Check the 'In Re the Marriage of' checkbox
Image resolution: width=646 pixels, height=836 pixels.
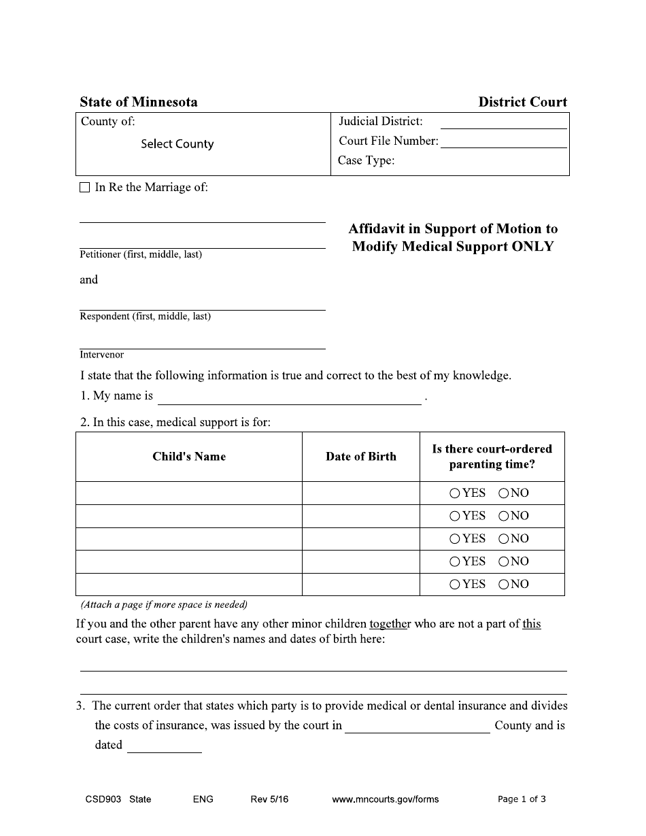pyautogui.click(x=85, y=188)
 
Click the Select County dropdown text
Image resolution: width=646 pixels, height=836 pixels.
pyautogui.click(x=177, y=144)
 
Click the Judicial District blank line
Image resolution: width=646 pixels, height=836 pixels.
pyautogui.click(x=503, y=123)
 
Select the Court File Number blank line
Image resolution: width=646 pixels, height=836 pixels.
pyautogui.click(x=503, y=142)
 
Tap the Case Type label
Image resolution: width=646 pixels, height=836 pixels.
pyautogui.click(x=366, y=161)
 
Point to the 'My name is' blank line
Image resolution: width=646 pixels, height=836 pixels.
pyautogui.click(x=289, y=398)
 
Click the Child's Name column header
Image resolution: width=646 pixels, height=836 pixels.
pyautogui.click(x=189, y=457)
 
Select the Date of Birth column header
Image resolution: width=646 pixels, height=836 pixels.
pyautogui.click(x=360, y=457)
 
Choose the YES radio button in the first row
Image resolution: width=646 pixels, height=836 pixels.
pyautogui.click(x=455, y=493)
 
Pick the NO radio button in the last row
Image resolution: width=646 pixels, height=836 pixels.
pyautogui.click(x=504, y=585)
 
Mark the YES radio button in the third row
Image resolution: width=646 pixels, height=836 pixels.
pyautogui.click(x=455, y=539)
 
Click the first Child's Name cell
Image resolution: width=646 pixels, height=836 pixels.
pyautogui.click(x=189, y=493)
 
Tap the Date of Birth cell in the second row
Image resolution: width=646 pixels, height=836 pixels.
pyautogui.click(x=360, y=516)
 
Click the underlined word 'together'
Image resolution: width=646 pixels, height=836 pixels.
pyautogui.click(x=390, y=624)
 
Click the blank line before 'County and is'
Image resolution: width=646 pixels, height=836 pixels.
pyautogui.click(x=417, y=727)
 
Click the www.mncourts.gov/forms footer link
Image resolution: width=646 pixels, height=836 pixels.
pyautogui.click(x=385, y=799)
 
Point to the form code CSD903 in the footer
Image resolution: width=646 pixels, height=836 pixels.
pyautogui.click(x=98, y=799)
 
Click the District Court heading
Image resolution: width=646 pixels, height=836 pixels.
pyautogui.click(x=522, y=103)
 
